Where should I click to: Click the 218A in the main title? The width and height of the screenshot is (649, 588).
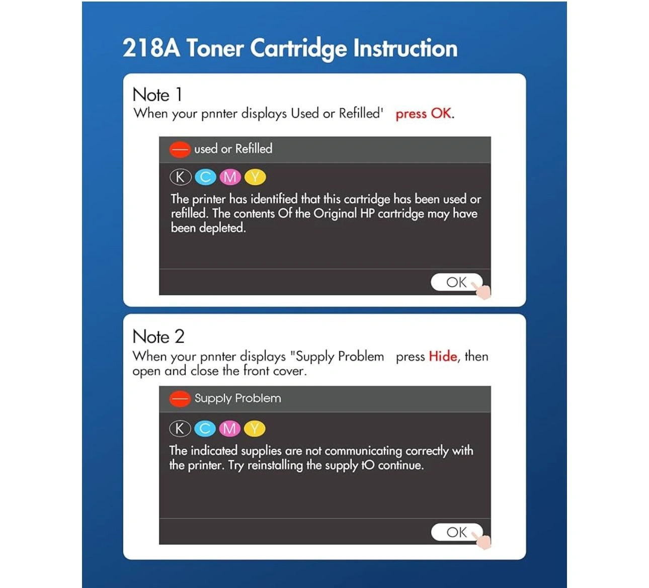click(151, 48)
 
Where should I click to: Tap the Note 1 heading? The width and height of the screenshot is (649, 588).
click(157, 95)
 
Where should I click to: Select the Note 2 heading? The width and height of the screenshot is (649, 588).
click(158, 336)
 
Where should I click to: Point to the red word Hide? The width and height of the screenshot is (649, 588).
click(443, 356)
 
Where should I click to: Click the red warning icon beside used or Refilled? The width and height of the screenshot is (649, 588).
click(180, 149)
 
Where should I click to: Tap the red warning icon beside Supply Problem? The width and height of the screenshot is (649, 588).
click(180, 399)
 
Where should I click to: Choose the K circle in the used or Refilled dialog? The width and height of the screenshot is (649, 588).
click(181, 178)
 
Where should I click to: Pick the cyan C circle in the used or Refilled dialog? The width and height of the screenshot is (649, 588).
click(205, 178)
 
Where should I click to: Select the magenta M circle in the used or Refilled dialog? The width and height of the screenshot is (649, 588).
click(230, 178)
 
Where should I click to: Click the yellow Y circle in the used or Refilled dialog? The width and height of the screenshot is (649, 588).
click(255, 178)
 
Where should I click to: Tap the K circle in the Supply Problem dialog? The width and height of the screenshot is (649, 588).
click(180, 429)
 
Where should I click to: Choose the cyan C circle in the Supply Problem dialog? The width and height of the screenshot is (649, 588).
click(205, 429)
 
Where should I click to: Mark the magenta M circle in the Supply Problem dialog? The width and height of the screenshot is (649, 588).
click(230, 429)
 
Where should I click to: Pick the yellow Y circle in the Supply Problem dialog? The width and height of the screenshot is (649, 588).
click(255, 429)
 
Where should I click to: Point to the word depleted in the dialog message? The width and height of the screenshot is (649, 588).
click(222, 228)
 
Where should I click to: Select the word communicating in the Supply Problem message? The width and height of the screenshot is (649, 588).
click(363, 451)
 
